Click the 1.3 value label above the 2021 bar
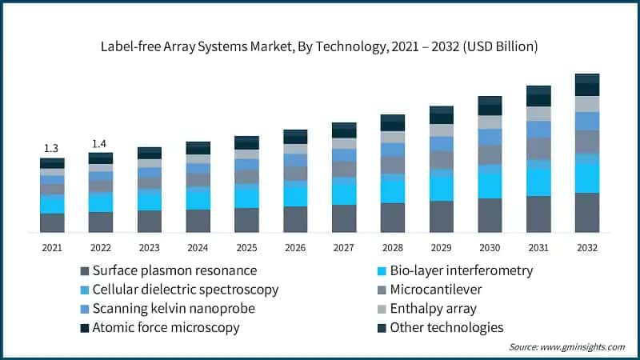click(x=51, y=148)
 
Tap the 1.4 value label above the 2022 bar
click(x=100, y=143)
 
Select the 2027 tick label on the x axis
click(x=344, y=248)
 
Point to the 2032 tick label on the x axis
click(x=587, y=248)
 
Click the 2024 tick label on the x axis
click(x=198, y=248)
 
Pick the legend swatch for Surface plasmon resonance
click(x=84, y=270)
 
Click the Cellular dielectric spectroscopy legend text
click(x=185, y=290)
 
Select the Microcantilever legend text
click(x=436, y=290)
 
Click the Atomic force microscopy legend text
click(x=166, y=327)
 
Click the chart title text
click(x=320, y=47)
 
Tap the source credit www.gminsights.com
click(x=566, y=347)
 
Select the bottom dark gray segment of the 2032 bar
click(x=587, y=212)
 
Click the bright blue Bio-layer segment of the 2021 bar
click(x=52, y=204)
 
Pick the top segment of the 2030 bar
click(x=490, y=100)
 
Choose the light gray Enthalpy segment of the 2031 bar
click(x=538, y=114)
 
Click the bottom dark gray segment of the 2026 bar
click(x=295, y=219)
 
